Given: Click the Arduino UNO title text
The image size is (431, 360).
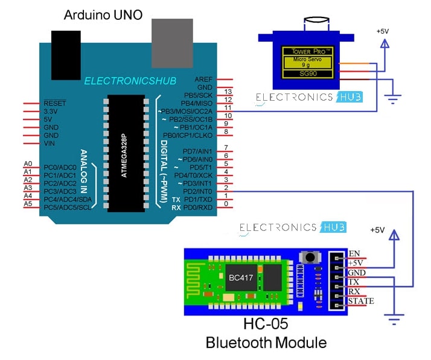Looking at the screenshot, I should [103, 14].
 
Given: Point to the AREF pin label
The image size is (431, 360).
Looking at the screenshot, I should [203, 79].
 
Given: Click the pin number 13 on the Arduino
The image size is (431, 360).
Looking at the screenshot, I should [228, 92].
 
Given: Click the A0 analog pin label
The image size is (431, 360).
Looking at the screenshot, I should [28, 164].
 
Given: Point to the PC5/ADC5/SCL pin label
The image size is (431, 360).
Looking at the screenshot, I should [68, 207].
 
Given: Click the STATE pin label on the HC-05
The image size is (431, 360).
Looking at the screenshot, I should [361, 301].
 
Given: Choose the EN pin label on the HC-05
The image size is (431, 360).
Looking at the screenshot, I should [354, 253].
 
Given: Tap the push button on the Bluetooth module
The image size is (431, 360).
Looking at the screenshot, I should [310, 257].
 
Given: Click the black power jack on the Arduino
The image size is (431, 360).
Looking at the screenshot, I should [67, 45].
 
